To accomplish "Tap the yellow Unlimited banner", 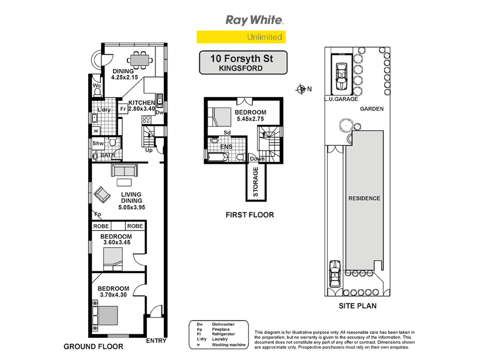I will tap(241, 37).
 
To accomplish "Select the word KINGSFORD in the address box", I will tap(244, 69).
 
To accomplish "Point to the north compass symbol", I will tap(302, 90).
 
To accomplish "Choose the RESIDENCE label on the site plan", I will tap(364, 199).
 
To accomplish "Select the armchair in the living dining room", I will tap(103, 194).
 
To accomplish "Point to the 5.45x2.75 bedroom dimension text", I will tap(250, 120).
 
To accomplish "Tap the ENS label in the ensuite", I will tap(227, 146).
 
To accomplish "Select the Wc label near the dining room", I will tap(96, 86).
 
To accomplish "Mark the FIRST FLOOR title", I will tap(250, 214).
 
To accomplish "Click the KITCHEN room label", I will tap(142, 103).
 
